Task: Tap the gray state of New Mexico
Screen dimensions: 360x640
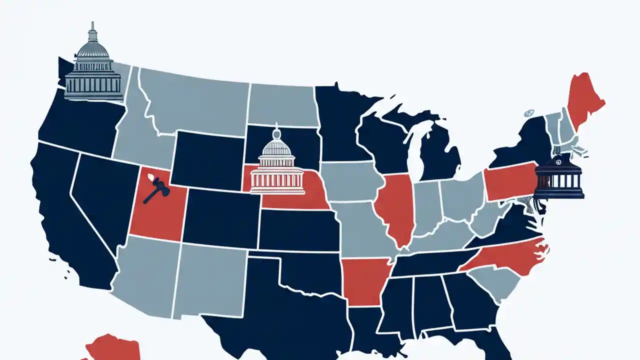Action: [x=210, y=280]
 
